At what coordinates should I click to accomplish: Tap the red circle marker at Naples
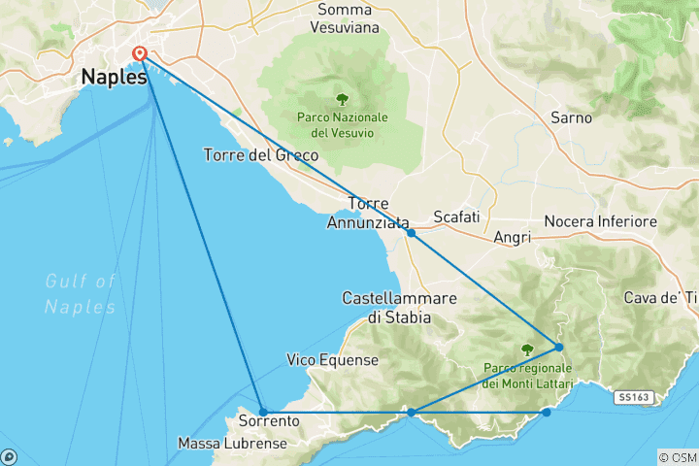(140, 54)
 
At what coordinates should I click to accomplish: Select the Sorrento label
(268, 422)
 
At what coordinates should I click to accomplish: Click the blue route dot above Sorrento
(263, 412)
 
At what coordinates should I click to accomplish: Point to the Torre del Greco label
(255, 154)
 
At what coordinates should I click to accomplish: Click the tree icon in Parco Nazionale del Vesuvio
(342, 98)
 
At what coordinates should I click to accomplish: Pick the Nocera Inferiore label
(601, 222)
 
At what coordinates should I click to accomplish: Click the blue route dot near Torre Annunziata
(412, 233)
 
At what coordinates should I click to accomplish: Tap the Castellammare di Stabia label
(388, 306)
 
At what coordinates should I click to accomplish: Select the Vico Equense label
(332, 360)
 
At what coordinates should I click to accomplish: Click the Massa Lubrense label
(232, 444)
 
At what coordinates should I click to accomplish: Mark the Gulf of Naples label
(81, 294)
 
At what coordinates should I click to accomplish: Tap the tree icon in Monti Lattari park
(527, 349)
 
